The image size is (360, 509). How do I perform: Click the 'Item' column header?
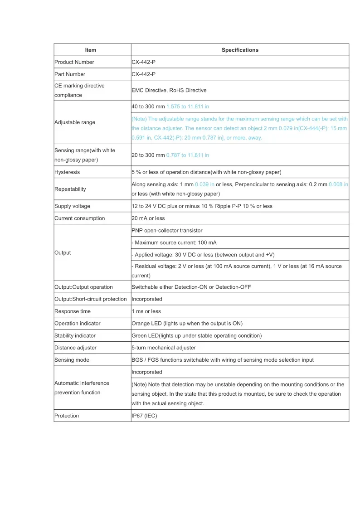click(x=91, y=50)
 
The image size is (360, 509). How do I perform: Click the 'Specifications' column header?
click(x=240, y=50)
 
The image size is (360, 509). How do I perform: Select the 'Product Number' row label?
click(x=74, y=62)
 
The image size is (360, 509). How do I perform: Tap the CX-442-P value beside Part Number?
click(x=144, y=74)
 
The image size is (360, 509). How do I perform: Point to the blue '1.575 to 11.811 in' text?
click(x=188, y=106)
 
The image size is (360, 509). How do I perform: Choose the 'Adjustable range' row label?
click(x=75, y=122)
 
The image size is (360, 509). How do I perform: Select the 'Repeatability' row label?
click(x=70, y=189)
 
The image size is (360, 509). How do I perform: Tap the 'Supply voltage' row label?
click(x=72, y=206)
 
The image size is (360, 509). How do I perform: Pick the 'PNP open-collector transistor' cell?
click(x=167, y=230)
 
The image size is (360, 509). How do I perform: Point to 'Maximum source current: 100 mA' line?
click(x=175, y=242)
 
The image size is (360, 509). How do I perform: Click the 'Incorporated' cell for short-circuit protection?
click(x=147, y=299)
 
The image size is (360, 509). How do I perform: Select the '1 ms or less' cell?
click(x=146, y=311)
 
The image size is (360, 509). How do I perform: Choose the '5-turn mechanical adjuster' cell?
click(x=164, y=348)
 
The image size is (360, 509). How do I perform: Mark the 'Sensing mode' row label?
click(x=72, y=360)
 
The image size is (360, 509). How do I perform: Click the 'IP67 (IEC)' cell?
click(x=144, y=416)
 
